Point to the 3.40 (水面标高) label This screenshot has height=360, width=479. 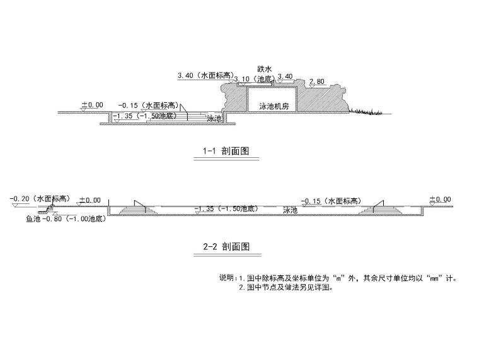click(x=205, y=76)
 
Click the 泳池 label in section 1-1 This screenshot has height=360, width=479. click(x=215, y=118)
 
